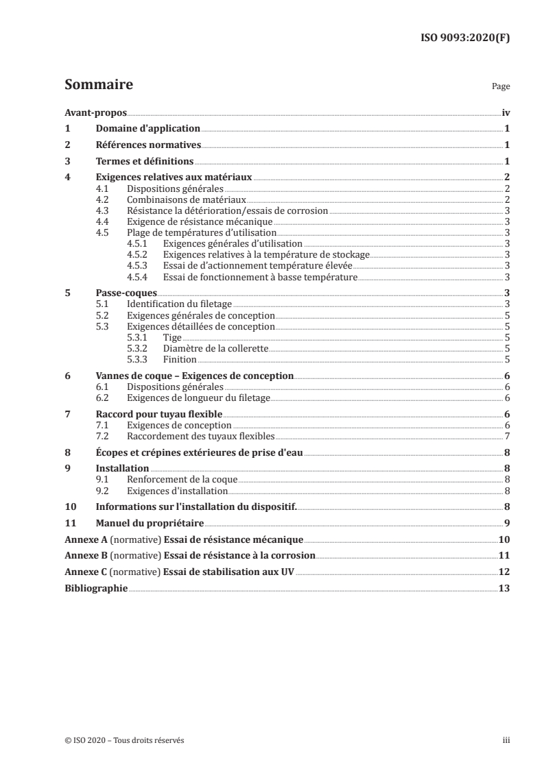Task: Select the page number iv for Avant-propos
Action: (x=505, y=112)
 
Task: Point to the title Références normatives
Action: (x=148, y=145)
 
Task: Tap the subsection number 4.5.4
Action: (x=139, y=276)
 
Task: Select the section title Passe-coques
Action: (x=117, y=293)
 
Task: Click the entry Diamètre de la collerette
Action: (x=215, y=348)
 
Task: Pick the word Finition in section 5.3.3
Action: (x=180, y=359)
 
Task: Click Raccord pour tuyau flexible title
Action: (x=159, y=415)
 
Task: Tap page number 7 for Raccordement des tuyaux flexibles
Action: (x=506, y=437)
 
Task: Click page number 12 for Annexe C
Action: (x=504, y=573)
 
